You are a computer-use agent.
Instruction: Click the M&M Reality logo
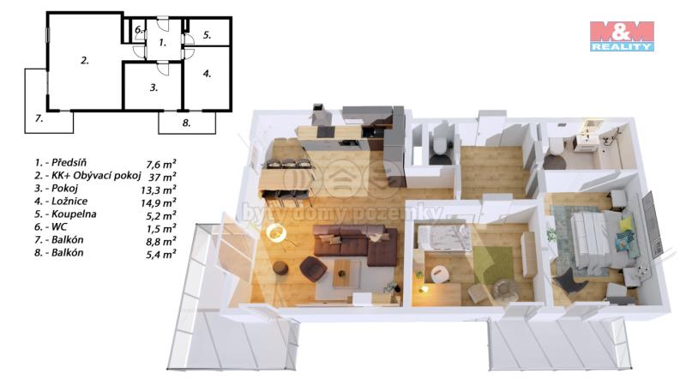pyautogui.click(x=622, y=36)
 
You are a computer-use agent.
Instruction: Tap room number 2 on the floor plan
pyautogui.click(x=85, y=60)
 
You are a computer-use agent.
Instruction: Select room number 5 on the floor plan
pyautogui.click(x=207, y=35)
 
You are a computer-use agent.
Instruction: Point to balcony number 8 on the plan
pyautogui.click(x=186, y=123)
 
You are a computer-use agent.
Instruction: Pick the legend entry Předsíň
pyautogui.click(x=69, y=162)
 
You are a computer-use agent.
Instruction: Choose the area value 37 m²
pyautogui.click(x=162, y=178)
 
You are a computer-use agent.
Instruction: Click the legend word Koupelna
pyautogui.click(x=74, y=214)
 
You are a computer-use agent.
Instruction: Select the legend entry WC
pyautogui.click(x=59, y=226)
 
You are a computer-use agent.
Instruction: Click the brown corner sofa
pyautogui.click(x=355, y=244)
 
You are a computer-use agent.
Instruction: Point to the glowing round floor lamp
pyautogui.click(x=275, y=232)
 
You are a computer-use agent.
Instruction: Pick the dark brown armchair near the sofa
pyautogui.click(x=312, y=268)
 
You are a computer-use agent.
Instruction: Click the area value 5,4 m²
pyautogui.click(x=160, y=254)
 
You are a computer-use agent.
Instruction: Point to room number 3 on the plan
pyautogui.click(x=153, y=87)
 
